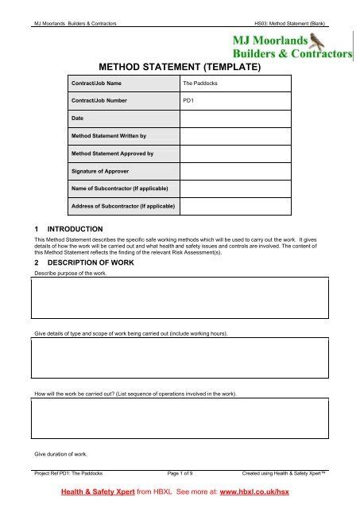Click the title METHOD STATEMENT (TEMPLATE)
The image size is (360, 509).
pos(179,68)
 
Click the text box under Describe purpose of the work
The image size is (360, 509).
pos(180,297)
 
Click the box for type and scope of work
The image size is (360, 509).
pos(180,357)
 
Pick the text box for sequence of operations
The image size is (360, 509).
pos(180,418)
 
